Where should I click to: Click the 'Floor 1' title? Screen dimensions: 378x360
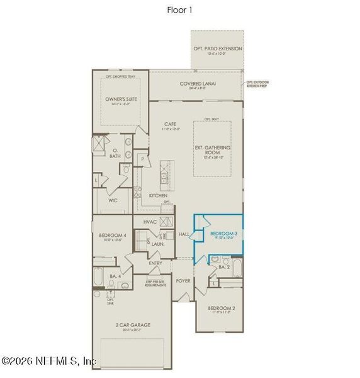[x=179, y=9]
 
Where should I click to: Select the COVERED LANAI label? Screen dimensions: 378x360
[x=194, y=84]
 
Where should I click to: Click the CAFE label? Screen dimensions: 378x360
[x=168, y=124]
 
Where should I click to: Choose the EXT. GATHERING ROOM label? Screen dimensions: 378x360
[x=213, y=150]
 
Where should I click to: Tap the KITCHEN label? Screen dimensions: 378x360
[x=158, y=196]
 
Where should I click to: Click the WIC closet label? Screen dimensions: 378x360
[x=113, y=200]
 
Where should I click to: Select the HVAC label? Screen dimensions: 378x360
[x=150, y=222]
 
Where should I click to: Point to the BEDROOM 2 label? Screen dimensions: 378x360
[x=221, y=308]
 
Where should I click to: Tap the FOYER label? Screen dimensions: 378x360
[x=183, y=280]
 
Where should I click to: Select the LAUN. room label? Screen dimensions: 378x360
[x=157, y=243]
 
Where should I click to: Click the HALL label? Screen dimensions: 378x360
[x=184, y=234]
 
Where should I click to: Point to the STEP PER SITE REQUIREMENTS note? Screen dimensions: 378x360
[x=155, y=283]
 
